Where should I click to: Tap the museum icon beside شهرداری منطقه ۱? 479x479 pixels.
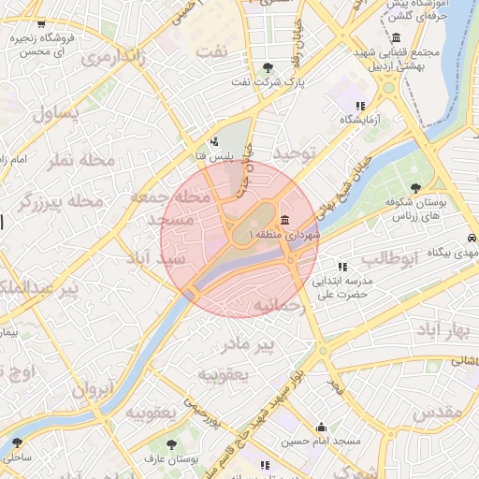pos(284,219)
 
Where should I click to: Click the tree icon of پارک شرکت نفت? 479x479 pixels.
pos(269,67)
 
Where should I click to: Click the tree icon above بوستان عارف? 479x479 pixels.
pos(171,444)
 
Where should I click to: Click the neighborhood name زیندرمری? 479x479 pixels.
pos(114,57)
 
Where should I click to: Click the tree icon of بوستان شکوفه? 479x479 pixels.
pos(415,187)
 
